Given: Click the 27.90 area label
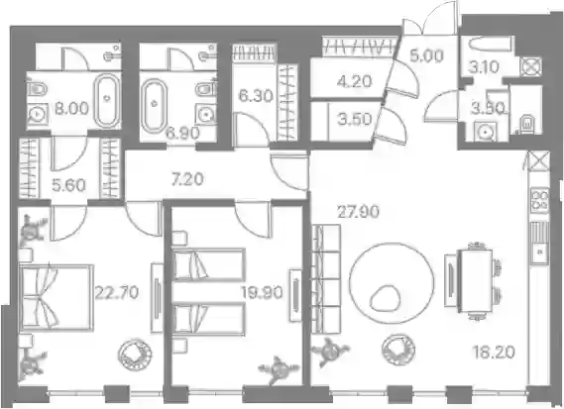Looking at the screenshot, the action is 358,212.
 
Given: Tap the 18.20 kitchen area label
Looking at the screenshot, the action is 494,352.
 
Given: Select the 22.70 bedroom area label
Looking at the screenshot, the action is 117,292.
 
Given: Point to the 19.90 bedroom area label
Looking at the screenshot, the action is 263,293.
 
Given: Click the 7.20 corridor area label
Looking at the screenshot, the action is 187,179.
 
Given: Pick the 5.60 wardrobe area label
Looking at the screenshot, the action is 68,185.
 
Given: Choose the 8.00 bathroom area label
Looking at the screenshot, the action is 71,108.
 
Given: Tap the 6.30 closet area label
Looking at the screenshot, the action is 256,96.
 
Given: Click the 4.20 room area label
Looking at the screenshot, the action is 355,81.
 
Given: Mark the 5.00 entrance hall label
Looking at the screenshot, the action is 426,56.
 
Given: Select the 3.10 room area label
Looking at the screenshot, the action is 483,67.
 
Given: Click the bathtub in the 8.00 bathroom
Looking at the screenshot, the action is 107,100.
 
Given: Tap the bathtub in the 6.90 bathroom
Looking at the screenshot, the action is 155,105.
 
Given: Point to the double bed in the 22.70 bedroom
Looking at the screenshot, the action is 57,297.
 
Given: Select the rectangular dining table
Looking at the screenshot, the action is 476,281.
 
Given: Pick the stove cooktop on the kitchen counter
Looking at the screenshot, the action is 539,200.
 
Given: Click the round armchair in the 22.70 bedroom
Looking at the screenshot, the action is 135,353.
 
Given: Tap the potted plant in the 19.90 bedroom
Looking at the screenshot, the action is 279,369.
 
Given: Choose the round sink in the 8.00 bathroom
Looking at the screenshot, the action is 37,115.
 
